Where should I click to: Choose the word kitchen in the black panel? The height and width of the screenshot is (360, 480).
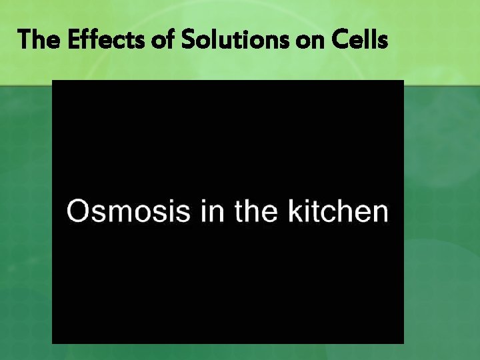point(337,211)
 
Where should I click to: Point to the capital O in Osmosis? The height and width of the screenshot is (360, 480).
point(79,211)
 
